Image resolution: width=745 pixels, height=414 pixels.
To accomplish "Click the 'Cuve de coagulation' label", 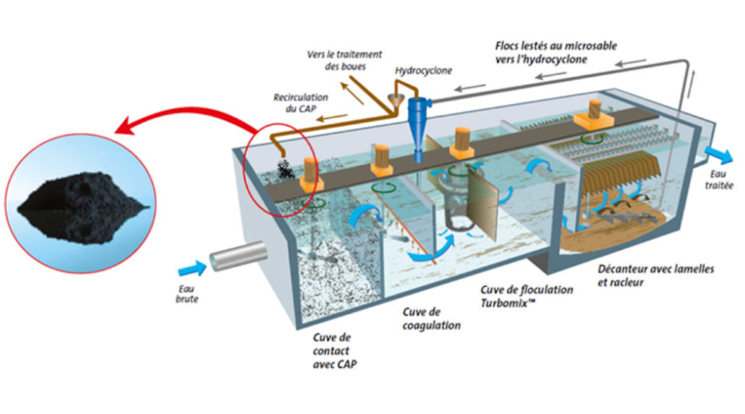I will (431, 319).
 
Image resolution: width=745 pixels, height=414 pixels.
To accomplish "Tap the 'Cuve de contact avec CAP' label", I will (334, 350).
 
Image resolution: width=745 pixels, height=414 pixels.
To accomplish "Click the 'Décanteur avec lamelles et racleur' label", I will (655, 275).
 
